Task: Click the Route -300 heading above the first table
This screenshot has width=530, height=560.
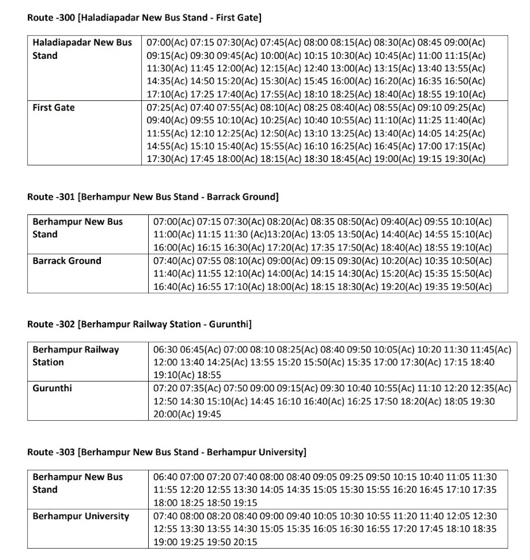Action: click(x=144, y=18)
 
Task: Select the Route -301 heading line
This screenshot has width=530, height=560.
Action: click(x=153, y=197)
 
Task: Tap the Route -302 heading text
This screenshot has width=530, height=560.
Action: click(x=140, y=324)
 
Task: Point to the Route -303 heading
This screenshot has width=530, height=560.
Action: click(x=167, y=452)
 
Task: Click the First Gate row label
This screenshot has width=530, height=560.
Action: click(x=54, y=107)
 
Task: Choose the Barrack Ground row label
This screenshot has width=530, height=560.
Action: click(x=67, y=261)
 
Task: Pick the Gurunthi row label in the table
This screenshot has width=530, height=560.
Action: click(x=52, y=388)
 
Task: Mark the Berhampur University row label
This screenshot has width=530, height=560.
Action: click(x=81, y=516)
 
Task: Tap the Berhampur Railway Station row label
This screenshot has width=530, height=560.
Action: click(x=76, y=355)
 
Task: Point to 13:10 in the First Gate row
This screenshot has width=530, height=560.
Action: click(x=303, y=133)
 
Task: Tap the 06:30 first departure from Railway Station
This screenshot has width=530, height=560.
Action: click(x=165, y=349)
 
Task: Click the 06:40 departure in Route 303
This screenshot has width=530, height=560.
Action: click(x=165, y=477)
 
